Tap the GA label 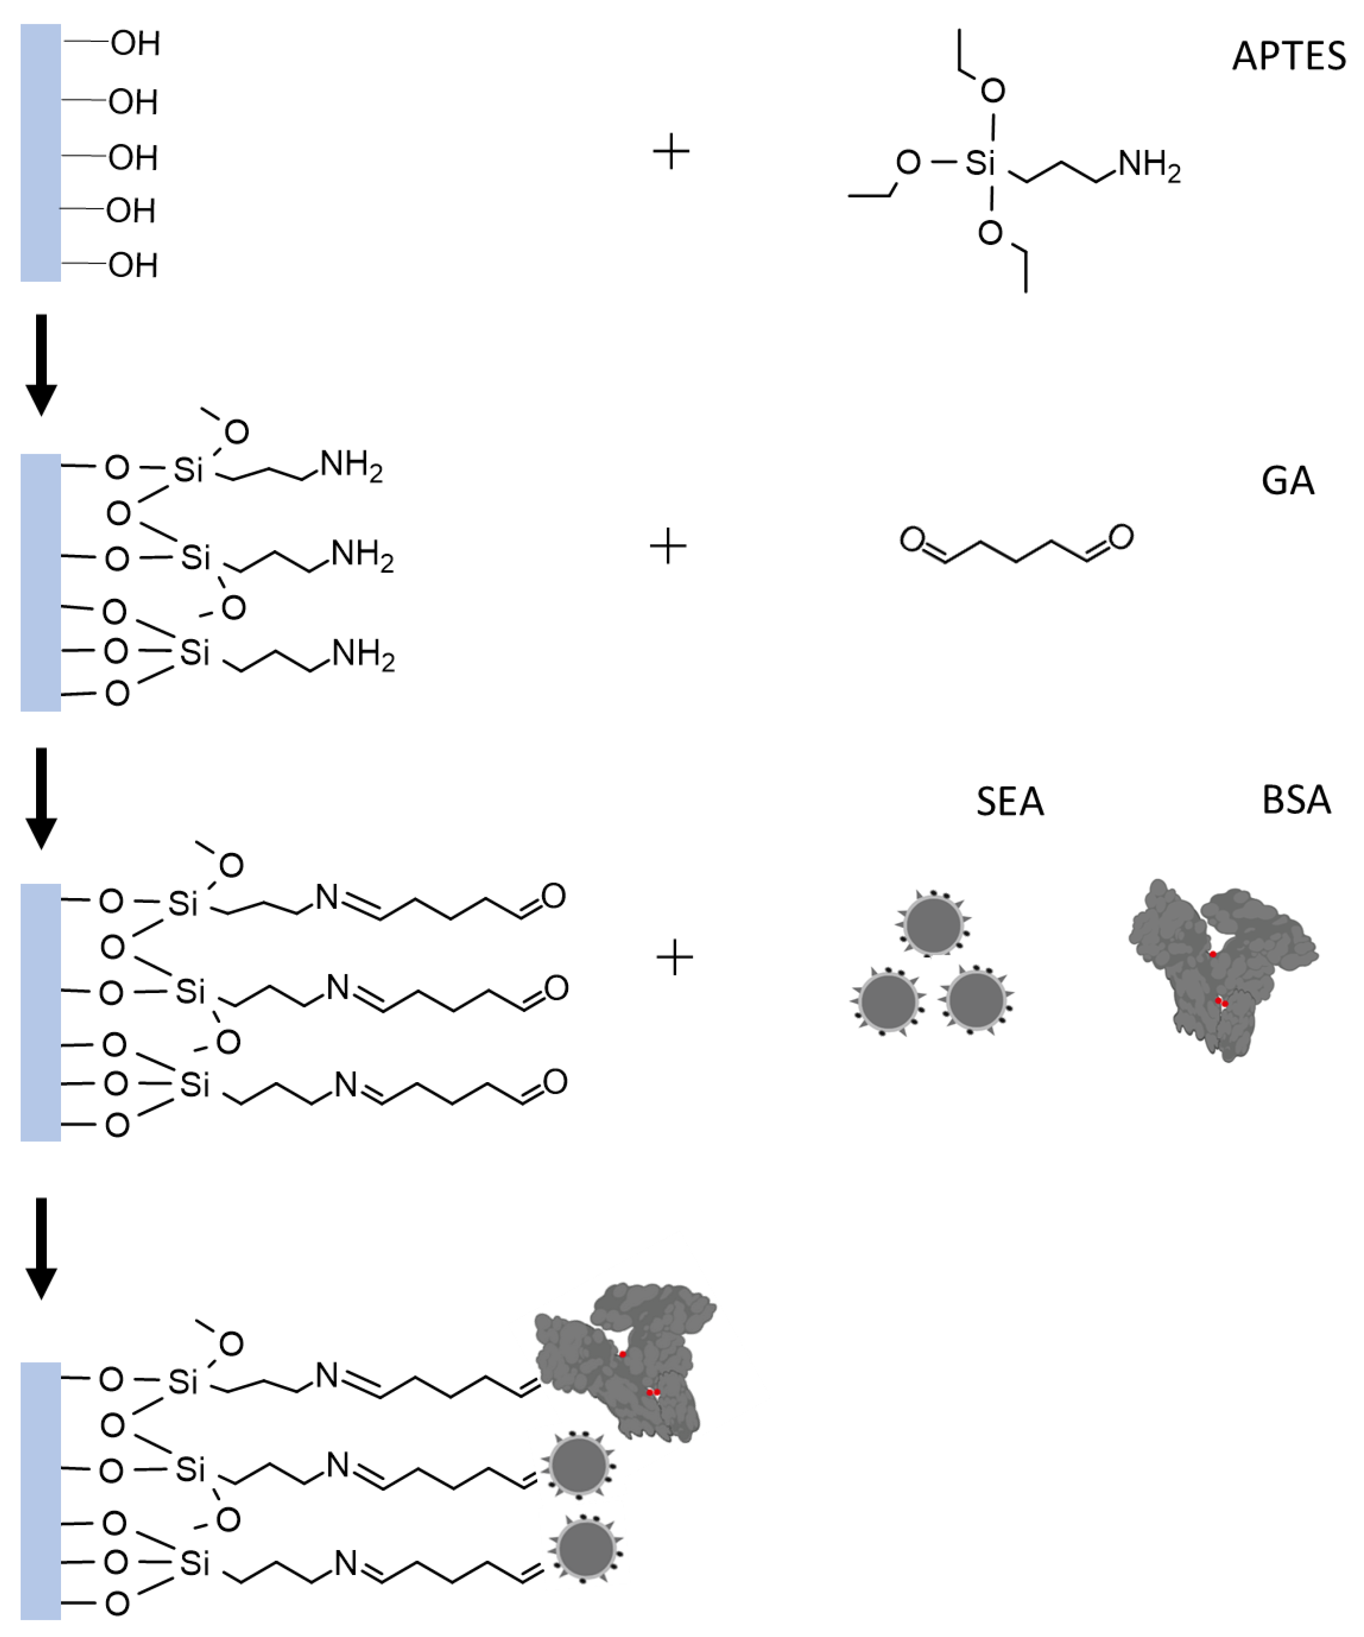point(1287,481)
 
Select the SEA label point(1010,802)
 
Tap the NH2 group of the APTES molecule point(1149,166)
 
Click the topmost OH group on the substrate point(135,43)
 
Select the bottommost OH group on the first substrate point(133,266)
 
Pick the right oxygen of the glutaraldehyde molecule point(1121,536)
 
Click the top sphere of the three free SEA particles point(933,925)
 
